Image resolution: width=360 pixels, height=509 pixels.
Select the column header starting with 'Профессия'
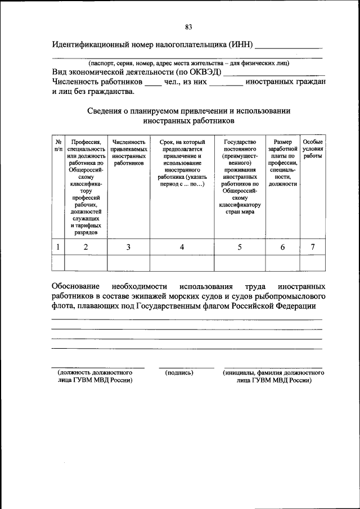click(85, 186)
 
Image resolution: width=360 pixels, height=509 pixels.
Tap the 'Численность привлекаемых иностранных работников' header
click(129, 152)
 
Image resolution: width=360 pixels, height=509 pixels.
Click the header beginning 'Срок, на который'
click(182, 163)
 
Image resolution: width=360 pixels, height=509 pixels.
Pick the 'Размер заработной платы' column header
click(282, 163)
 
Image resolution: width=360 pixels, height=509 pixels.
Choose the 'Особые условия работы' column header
click(313, 149)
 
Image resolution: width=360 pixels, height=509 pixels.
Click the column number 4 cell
click(182, 246)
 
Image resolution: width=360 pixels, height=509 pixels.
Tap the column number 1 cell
click(58, 246)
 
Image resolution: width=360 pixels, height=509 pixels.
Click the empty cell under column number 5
click(240, 263)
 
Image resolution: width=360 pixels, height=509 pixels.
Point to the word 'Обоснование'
click(76, 286)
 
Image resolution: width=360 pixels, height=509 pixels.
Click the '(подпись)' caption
click(179, 373)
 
